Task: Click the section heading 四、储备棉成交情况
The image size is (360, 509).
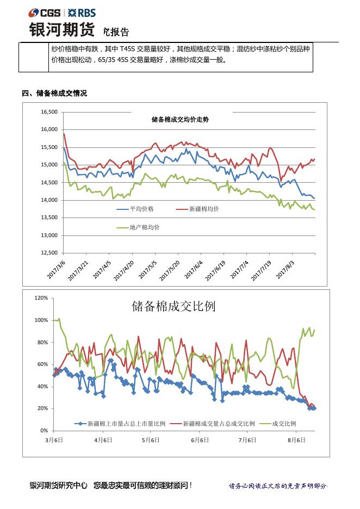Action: [54, 94]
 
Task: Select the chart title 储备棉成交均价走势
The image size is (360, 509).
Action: [179, 119]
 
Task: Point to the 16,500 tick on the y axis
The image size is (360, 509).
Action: [49, 112]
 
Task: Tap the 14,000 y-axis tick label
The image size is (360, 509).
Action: [49, 200]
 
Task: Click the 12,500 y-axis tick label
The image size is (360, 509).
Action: [49, 253]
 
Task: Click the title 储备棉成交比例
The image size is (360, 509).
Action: [173, 306]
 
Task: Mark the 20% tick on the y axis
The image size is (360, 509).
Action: [43, 408]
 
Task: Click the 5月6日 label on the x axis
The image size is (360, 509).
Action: [150, 439]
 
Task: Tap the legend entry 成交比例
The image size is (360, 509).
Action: [283, 423]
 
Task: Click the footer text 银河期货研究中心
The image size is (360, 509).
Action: [58, 485]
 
